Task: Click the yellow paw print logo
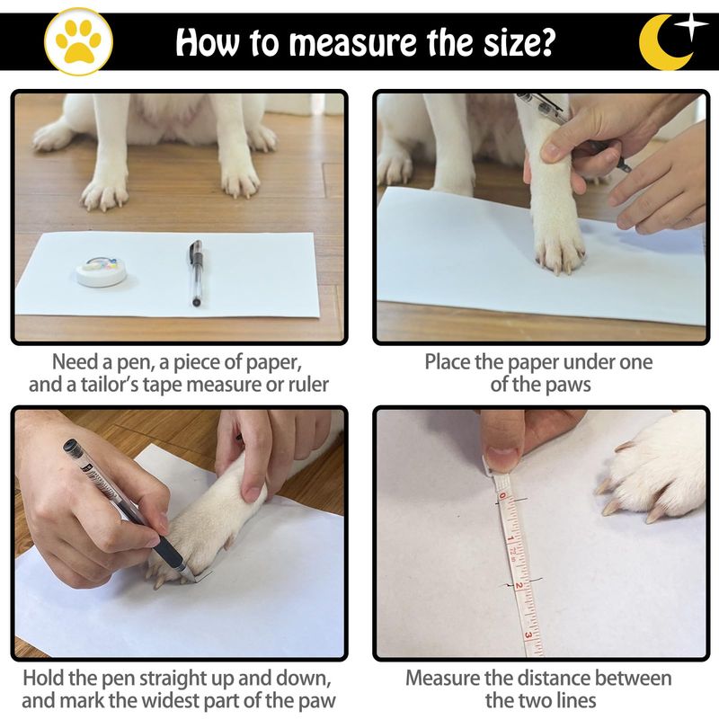click(78, 41)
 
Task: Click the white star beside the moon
click(692, 25)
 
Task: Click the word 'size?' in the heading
click(518, 42)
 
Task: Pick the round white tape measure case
click(102, 271)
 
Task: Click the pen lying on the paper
click(196, 272)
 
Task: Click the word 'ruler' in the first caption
click(308, 385)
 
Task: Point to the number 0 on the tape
click(502, 496)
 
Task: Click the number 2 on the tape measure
click(519, 586)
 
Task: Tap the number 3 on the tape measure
click(528, 635)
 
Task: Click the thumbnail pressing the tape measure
click(502, 457)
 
